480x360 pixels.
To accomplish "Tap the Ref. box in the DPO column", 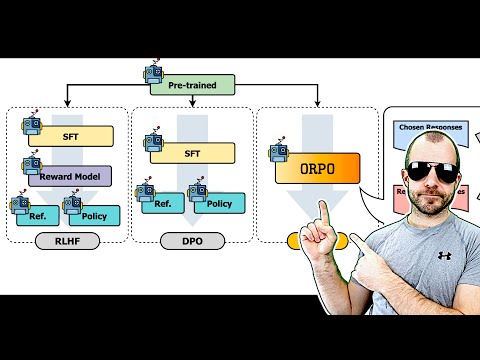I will [161, 204].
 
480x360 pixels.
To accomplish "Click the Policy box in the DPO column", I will [217, 204].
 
